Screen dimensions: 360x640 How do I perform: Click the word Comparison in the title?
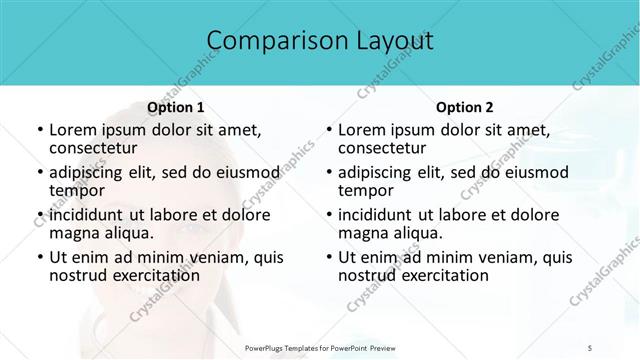pyautogui.click(x=268, y=41)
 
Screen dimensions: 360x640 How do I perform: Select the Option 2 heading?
pyautogui.click(x=464, y=107)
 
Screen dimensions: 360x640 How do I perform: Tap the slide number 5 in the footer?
pyautogui.click(x=590, y=348)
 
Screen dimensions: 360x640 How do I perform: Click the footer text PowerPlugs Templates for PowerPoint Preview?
pyautogui.click(x=319, y=348)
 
